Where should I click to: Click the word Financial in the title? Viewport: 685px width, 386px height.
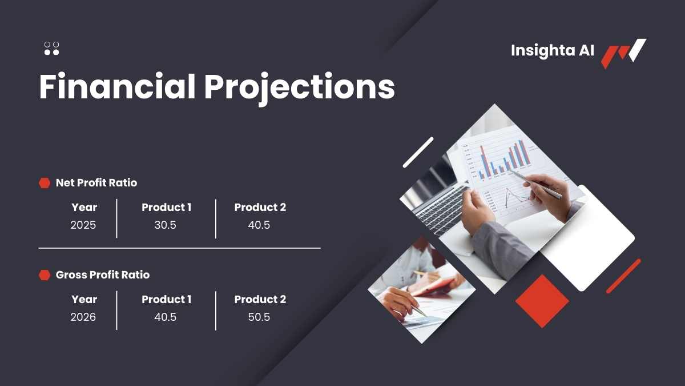[118, 86]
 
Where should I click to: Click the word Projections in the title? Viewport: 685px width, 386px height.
[299, 89]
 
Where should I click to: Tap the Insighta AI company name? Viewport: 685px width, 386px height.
[553, 51]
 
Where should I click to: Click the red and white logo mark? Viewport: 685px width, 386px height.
[623, 53]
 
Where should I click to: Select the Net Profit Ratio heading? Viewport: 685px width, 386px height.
[96, 183]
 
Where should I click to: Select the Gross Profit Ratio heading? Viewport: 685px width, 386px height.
[103, 275]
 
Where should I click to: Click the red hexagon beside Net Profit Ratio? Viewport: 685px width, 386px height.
[45, 183]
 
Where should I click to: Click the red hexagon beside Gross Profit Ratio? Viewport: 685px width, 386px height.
[45, 275]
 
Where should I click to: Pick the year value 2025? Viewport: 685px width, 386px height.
[83, 225]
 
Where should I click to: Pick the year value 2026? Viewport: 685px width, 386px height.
[83, 317]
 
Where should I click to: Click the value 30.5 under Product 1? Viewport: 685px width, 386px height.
[166, 225]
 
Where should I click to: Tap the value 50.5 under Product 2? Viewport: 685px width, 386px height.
[259, 317]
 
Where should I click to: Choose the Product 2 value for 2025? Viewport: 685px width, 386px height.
[259, 225]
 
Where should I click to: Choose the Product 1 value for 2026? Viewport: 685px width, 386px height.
[166, 317]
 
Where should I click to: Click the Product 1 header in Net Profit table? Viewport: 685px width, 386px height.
[167, 208]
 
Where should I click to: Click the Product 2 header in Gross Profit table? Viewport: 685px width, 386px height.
[260, 299]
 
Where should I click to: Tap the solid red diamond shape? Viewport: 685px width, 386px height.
[542, 301]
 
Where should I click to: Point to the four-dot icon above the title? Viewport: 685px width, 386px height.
[52, 49]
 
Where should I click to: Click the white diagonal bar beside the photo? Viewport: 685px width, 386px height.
[418, 153]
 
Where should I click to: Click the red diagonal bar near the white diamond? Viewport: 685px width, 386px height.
[623, 276]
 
